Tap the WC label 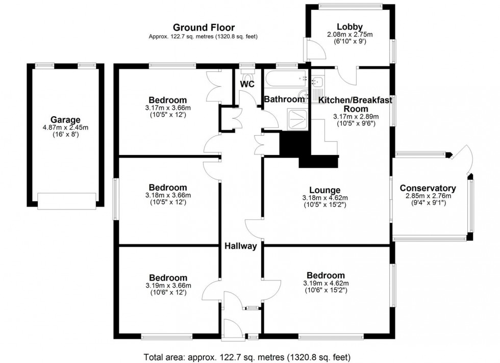coord(247,84)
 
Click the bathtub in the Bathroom coord(286,79)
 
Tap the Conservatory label coord(428,188)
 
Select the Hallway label coord(240,246)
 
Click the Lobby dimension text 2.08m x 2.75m coord(350,35)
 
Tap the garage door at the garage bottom coord(67,201)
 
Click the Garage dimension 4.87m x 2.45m coord(65,128)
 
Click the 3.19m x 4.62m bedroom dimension coord(326,283)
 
